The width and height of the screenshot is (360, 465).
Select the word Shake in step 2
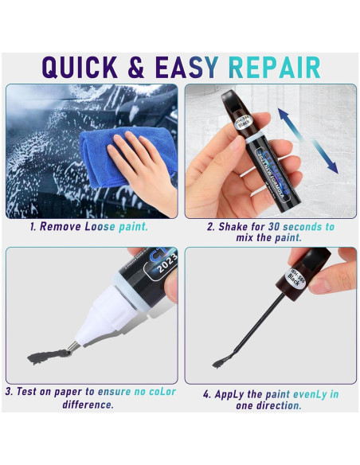[x=234, y=227]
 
